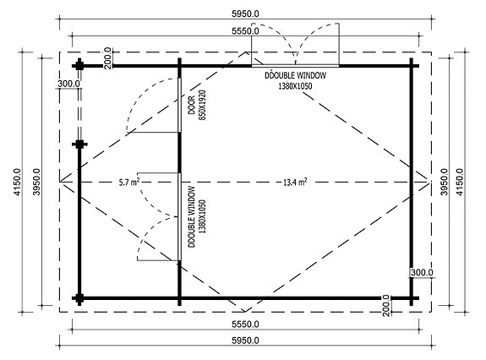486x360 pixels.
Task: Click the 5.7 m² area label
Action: point(128,181)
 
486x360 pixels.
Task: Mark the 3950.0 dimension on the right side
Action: point(440,180)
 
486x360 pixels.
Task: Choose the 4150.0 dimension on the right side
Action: point(462,180)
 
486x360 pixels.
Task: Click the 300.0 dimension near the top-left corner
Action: point(68,84)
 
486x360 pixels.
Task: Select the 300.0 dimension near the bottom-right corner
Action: point(422,272)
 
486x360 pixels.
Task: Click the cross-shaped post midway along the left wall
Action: point(79,145)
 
